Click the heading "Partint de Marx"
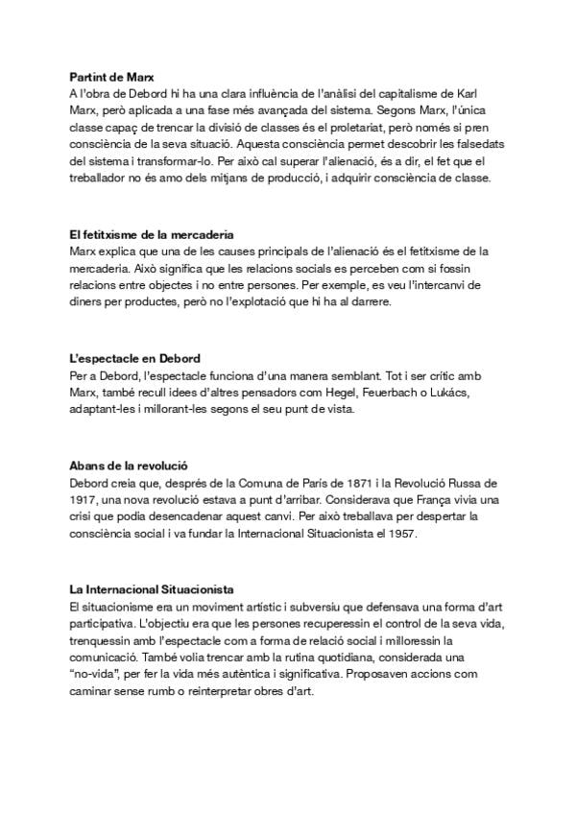(x=113, y=76)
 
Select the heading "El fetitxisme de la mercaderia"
(x=153, y=234)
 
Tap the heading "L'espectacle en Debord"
(x=134, y=358)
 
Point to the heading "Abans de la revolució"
(x=128, y=465)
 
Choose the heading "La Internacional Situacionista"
(x=152, y=587)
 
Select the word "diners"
(x=86, y=303)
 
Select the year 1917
(x=83, y=499)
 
